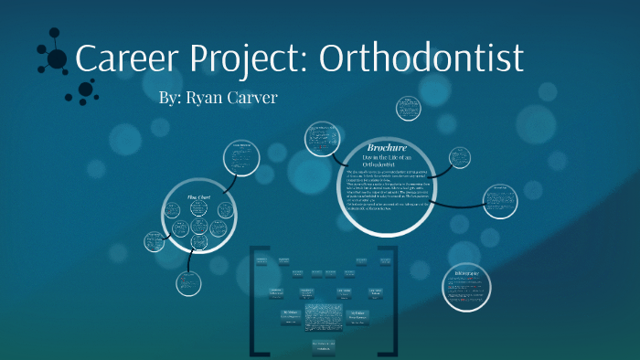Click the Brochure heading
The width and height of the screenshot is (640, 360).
tap(386, 148)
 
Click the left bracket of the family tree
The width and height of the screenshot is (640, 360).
tap(253, 302)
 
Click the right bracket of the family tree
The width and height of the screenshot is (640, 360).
tap(394, 302)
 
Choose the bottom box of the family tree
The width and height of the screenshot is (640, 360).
tap(324, 346)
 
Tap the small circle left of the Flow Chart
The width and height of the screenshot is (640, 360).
tap(154, 241)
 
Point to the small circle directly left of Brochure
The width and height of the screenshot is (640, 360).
tap(322, 139)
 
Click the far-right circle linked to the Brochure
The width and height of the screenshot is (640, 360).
tap(501, 195)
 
